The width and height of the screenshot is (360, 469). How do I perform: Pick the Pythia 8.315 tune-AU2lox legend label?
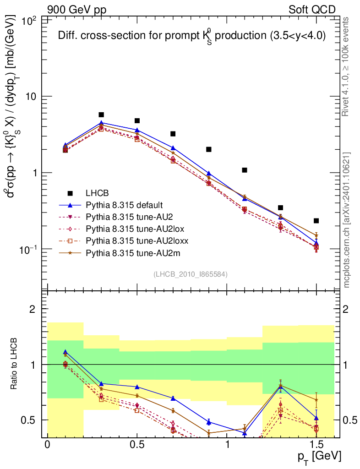(131, 229)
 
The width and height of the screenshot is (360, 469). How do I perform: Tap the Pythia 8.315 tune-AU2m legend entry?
(128, 252)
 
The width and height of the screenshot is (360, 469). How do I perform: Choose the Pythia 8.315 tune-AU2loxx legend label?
(132, 240)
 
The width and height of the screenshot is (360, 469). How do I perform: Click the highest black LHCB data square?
(101, 115)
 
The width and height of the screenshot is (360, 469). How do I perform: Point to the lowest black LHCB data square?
(316, 221)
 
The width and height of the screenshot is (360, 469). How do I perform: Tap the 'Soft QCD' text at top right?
(312, 10)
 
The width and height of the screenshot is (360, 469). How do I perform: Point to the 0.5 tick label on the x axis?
(137, 444)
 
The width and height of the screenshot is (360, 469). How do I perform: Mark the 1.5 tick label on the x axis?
(316, 444)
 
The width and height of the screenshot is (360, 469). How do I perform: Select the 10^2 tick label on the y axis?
(30, 21)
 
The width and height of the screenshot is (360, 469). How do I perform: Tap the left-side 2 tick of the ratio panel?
(32, 309)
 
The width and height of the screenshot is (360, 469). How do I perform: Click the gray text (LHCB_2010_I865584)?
(191, 274)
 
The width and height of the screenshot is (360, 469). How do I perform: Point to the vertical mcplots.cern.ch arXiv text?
(347, 220)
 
